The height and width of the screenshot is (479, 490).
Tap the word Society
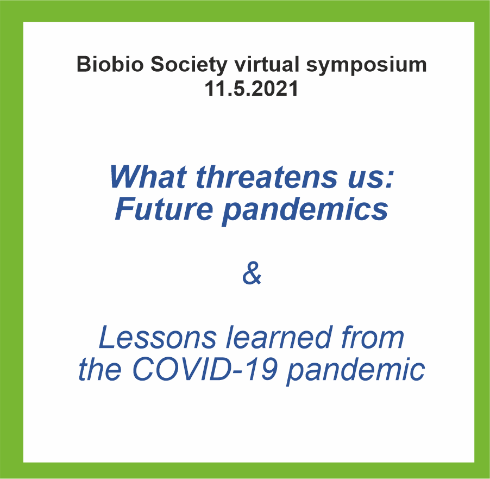click(189, 66)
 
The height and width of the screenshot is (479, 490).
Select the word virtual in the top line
click(267, 64)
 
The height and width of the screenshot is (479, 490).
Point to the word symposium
click(366, 66)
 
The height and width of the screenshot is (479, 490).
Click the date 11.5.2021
click(252, 89)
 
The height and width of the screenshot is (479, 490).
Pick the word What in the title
click(148, 177)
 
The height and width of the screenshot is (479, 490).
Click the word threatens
click(267, 177)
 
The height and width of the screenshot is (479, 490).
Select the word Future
click(164, 208)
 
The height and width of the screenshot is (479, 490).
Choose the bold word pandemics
click(305, 211)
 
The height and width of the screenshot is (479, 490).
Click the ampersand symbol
click(252, 273)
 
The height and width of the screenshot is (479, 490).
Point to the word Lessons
click(158, 337)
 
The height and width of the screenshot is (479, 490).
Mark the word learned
click(279, 337)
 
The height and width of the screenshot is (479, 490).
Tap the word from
click(373, 337)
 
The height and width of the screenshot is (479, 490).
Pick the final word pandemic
click(356, 372)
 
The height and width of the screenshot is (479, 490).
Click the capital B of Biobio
click(84, 64)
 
